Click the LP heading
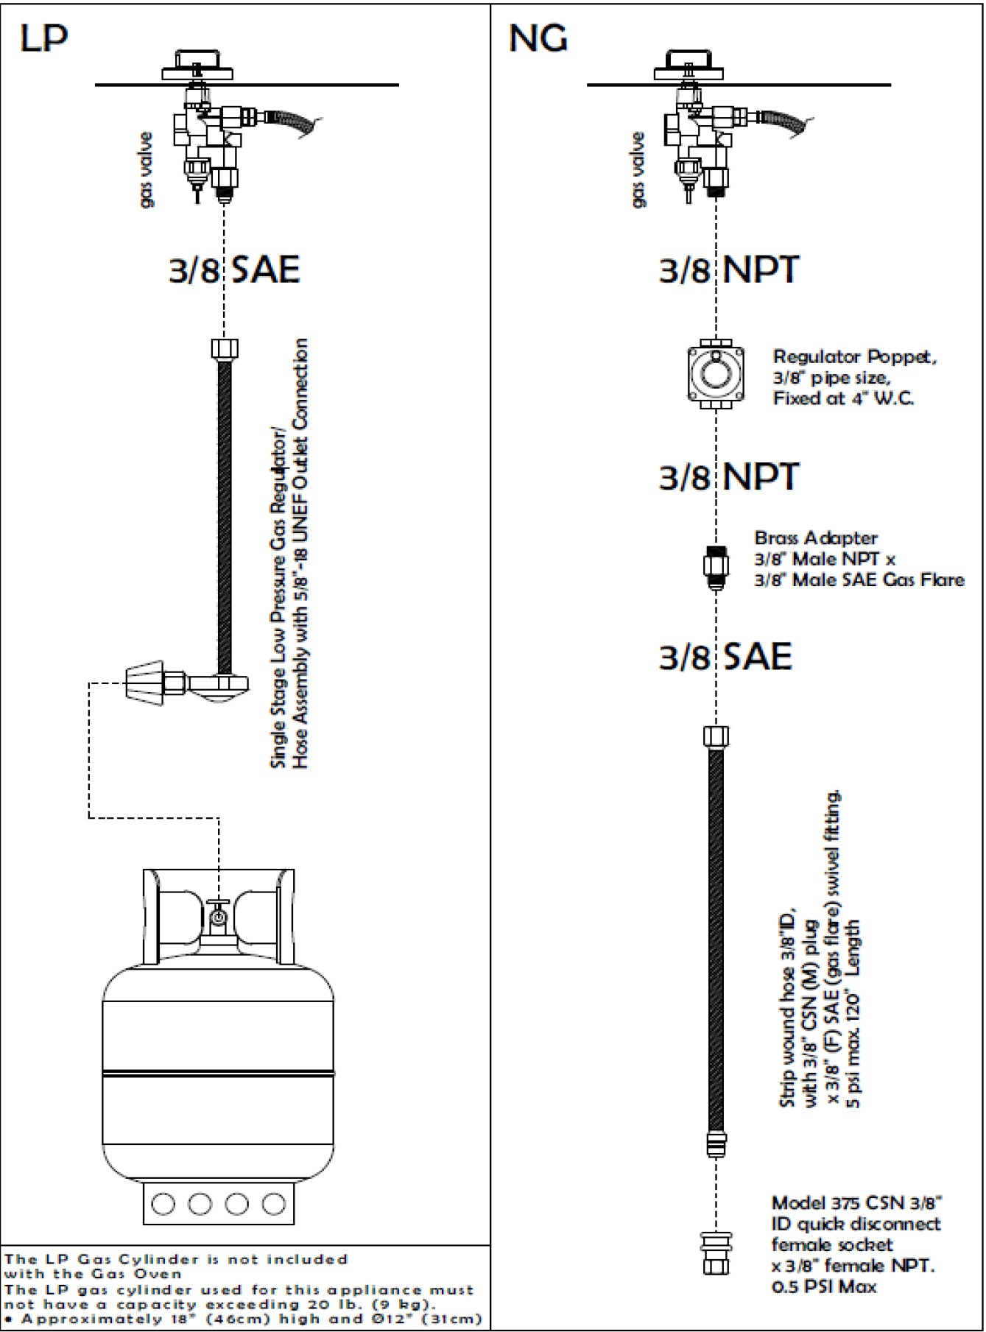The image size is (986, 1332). tap(43, 38)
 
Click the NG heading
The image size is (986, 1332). tap(538, 38)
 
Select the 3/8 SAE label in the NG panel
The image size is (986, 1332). tap(725, 656)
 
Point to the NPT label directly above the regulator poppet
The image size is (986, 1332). tap(728, 269)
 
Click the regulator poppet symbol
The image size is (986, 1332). tap(715, 373)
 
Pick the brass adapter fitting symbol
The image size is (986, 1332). tap(716, 566)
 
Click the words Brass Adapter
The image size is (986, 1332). tap(816, 538)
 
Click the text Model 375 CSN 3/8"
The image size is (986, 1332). tap(856, 1203)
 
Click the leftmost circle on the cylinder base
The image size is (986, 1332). tap(163, 1205)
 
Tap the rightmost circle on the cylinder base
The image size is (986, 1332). tap(273, 1205)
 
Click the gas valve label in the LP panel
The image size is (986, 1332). tap(147, 170)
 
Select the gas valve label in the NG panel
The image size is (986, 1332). tap(638, 170)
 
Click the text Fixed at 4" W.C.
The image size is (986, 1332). tap(843, 398)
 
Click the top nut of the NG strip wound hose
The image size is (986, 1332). tap(716, 736)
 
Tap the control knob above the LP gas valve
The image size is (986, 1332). tap(197, 63)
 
